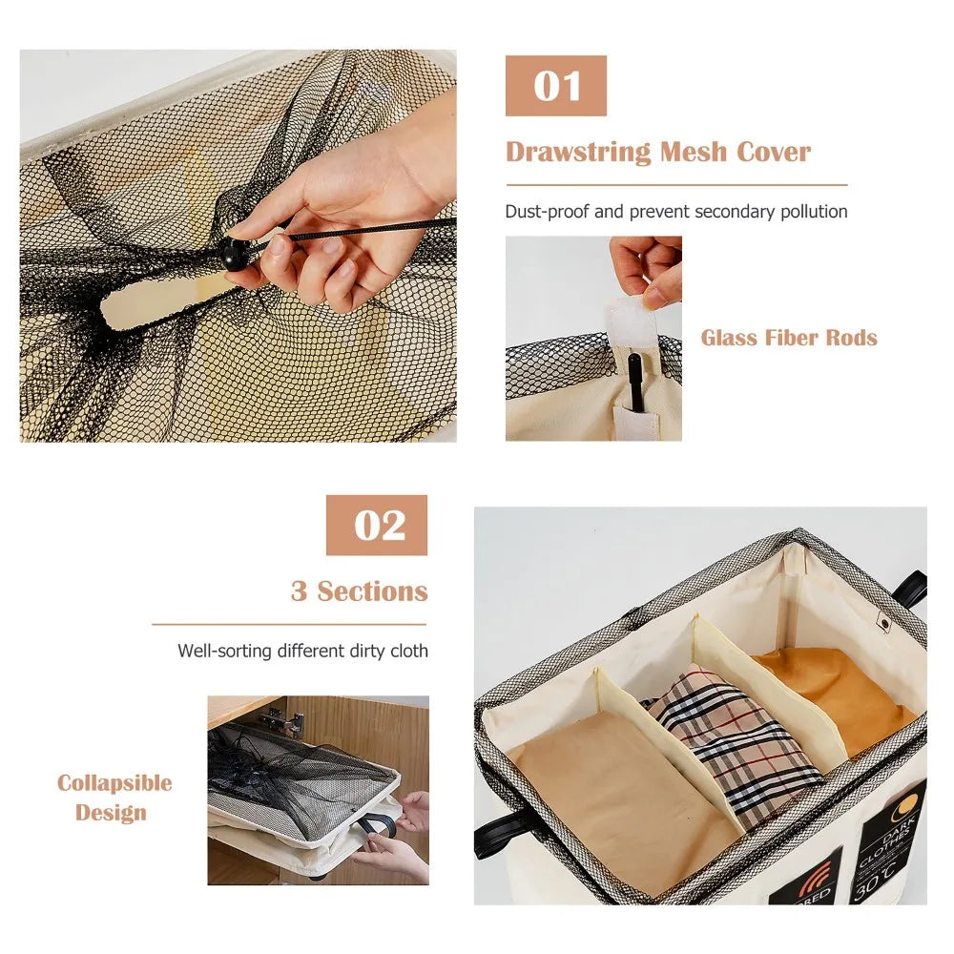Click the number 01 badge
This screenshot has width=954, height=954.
pyautogui.click(x=556, y=86)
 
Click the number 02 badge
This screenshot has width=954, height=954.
pyautogui.click(x=377, y=525)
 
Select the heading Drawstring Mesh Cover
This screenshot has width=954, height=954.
pyautogui.click(x=657, y=153)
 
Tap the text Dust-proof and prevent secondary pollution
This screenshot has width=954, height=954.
pyautogui.click(x=675, y=212)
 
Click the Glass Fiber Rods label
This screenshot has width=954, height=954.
pyautogui.click(x=789, y=338)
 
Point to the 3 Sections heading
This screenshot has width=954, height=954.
pyautogui.click(x=359, y=591)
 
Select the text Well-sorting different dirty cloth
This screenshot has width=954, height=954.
pyautogui.click(x=302, y=651)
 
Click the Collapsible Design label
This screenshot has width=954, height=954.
pyautogui.click(x=114, y=798)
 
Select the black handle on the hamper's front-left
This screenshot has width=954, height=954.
pyautogui.click(x=492, y=836)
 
